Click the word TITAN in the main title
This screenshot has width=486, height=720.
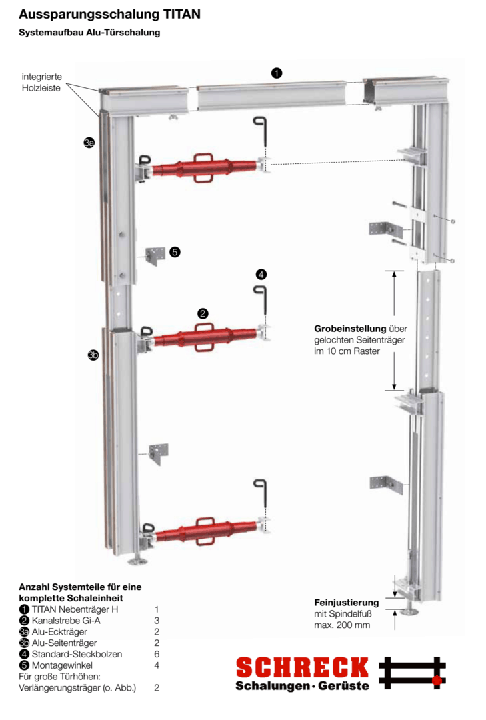(x=181, y=13)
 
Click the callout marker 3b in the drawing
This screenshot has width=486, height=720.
(x=93, y=355)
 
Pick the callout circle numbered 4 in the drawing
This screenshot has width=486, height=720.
(x=261, y=274)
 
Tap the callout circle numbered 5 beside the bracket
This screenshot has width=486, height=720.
(x=175, y=252)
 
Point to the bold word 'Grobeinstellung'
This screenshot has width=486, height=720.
(x=350, y=329)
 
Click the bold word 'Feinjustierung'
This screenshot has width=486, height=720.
(x=347, y=603)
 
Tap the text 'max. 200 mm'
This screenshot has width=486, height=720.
(x=342, y=625)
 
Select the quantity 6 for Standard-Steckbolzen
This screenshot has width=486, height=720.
(x=156, y=654)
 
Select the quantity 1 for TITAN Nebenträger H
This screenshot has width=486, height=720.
(x=156, y=609)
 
